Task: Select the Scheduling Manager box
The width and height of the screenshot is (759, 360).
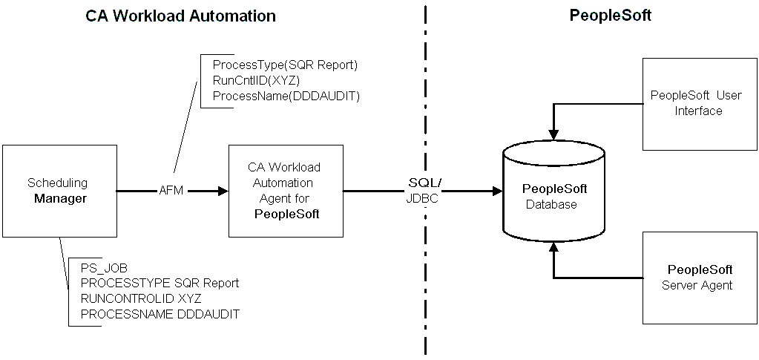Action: [59, 191]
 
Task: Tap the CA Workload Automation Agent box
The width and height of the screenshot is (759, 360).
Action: [286, 191]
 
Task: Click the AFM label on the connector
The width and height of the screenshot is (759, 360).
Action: [171, 192]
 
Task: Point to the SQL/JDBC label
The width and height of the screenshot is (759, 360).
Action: [425, 190]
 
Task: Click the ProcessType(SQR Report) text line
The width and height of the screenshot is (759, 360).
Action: [285, 65]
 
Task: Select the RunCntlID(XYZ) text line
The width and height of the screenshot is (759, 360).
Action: [255, 80]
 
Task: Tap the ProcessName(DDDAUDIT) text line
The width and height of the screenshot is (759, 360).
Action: [286, 96]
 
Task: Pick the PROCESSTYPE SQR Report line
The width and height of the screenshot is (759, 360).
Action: [160, 284]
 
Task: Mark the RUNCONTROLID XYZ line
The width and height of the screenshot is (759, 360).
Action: [141, 298]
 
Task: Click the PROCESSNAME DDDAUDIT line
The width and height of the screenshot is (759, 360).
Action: [160, 314]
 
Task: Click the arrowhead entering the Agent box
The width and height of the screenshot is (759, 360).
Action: [222, 192]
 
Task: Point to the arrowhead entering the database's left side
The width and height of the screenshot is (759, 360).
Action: [496, 192]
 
